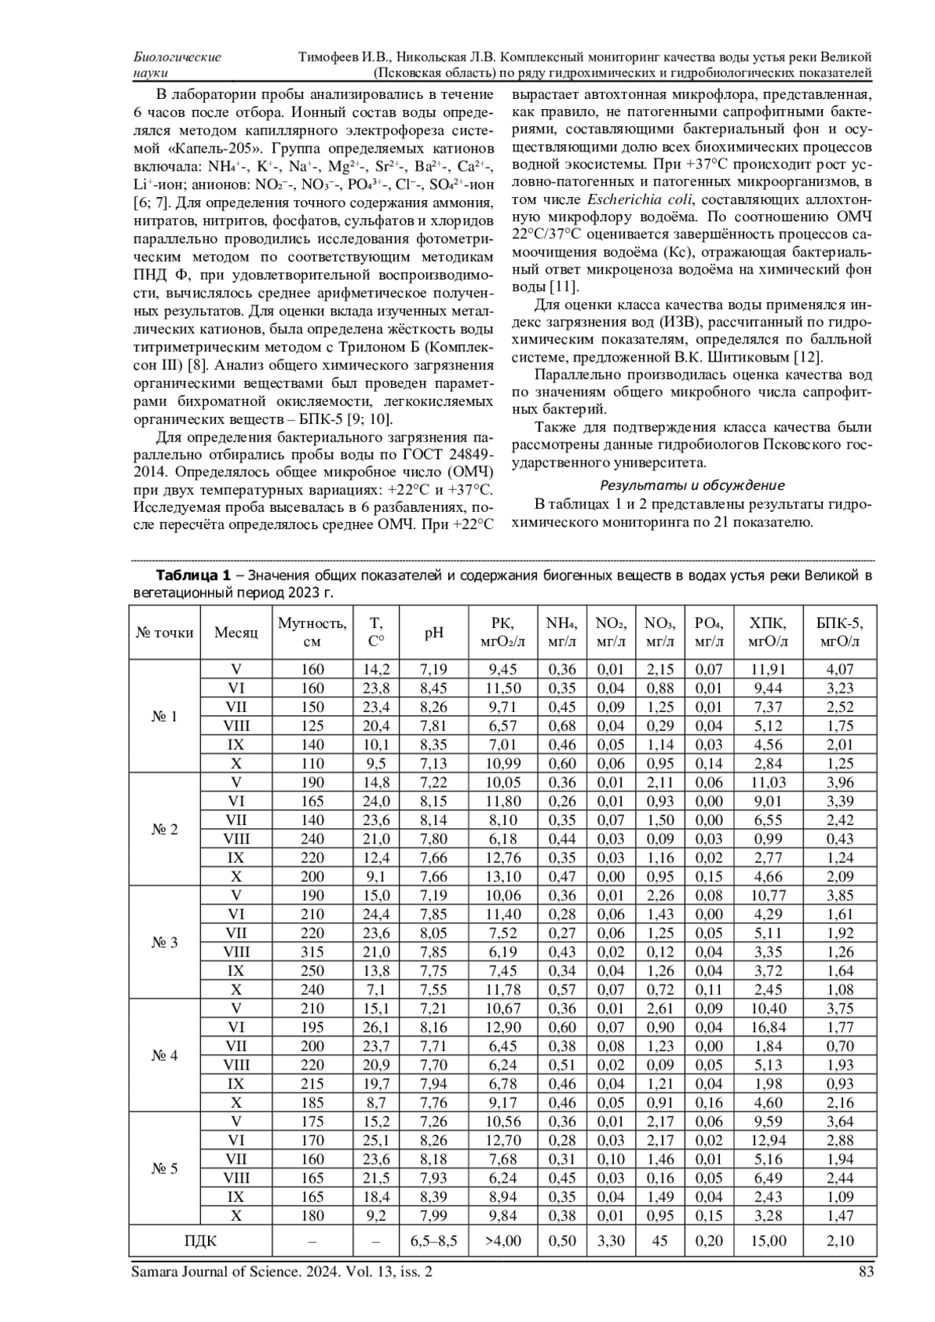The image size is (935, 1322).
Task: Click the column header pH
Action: (434, 633)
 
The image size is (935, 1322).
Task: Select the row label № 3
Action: (164, 943)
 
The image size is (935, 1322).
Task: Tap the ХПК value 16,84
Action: (767, 1028)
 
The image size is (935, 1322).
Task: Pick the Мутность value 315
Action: (312, 952)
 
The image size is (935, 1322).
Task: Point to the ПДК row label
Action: (200, 1241)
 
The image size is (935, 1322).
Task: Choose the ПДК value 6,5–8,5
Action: (434, 1241)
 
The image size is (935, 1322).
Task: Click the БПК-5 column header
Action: (840, 633)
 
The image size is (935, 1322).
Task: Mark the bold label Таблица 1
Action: (193, 576)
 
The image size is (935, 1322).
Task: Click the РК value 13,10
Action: (503, 876)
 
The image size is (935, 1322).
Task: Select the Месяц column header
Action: (236, 633)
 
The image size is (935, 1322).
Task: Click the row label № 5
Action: (164, 1169)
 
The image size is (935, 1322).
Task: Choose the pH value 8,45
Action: (434, 688)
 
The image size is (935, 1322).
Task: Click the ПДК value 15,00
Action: (767, 1241)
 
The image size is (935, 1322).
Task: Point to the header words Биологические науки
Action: (177, 65)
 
